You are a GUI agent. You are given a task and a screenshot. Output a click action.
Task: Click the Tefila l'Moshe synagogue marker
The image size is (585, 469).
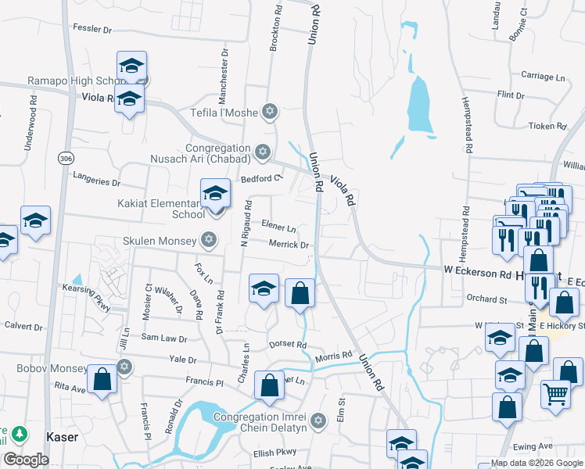point(271,113)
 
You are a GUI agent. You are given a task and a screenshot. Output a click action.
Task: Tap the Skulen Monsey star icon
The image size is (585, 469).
point(209,239)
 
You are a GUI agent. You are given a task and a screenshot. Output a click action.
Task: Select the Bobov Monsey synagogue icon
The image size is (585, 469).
point(124,367)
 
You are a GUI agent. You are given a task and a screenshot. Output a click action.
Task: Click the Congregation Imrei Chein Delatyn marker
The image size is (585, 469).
point(318,421)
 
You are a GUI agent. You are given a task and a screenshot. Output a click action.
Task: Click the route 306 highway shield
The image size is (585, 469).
point(65,158)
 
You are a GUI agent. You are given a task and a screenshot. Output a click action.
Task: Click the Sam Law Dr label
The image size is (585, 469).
point(163,338)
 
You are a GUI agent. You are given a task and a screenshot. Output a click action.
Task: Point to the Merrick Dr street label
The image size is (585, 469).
point(290,245)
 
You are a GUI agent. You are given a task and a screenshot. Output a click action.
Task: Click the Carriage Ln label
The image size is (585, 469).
point(543,77)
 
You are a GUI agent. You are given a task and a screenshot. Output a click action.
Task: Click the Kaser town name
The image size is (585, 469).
point(63,437)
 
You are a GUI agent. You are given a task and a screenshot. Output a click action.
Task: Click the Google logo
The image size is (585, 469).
point(26,459)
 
